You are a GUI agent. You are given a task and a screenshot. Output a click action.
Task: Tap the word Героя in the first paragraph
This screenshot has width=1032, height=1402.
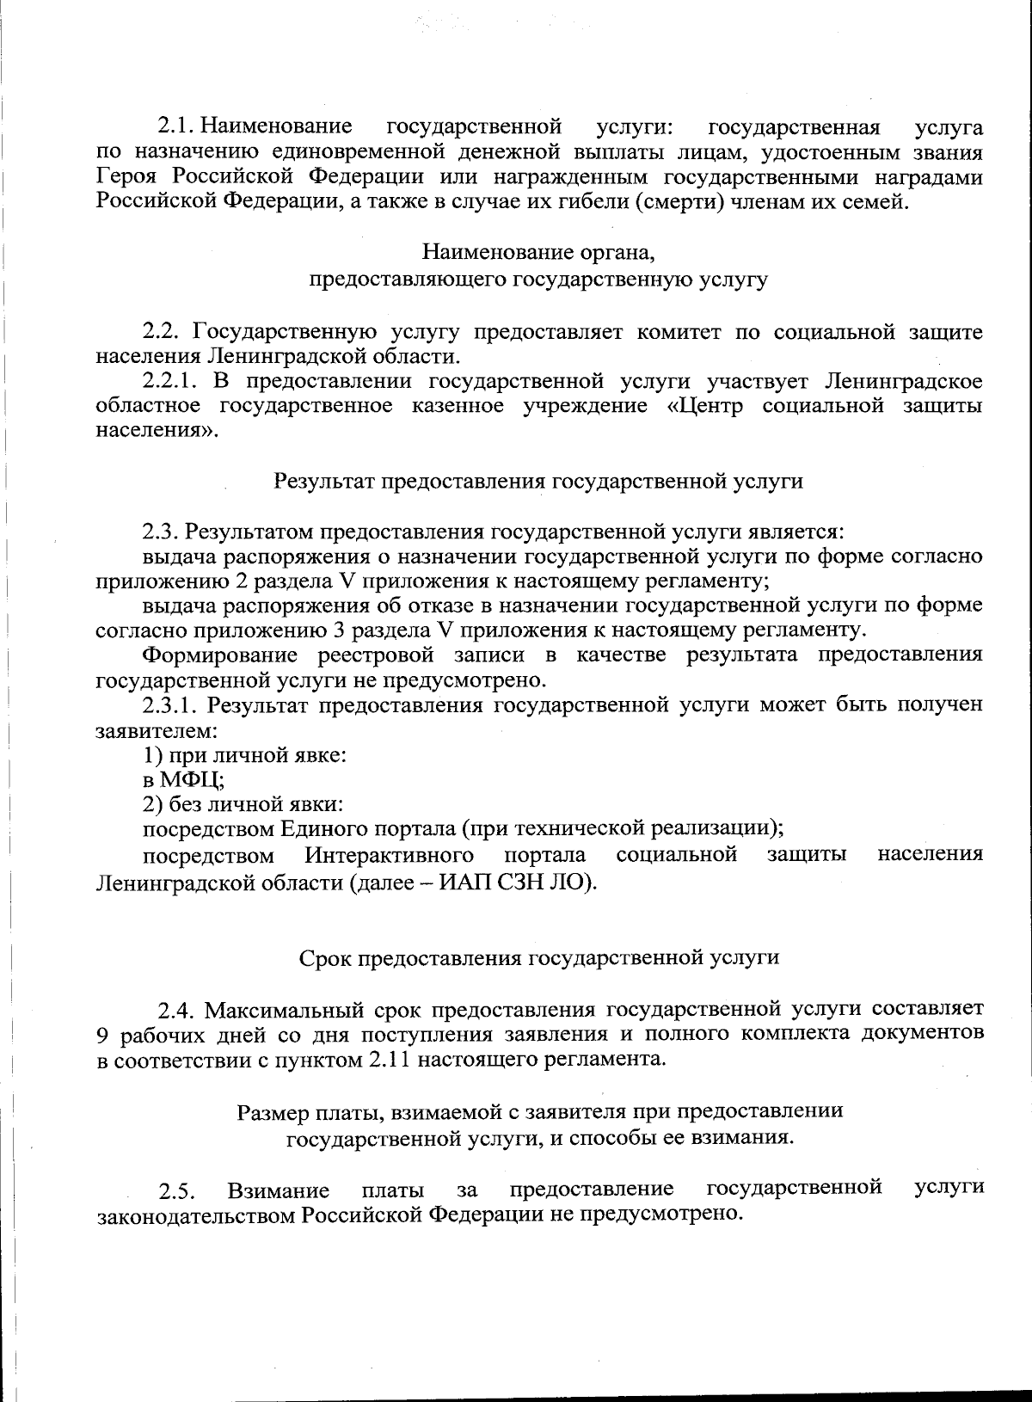coord(128,177)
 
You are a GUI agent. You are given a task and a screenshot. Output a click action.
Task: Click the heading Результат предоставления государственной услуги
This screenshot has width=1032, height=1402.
coord(538,481)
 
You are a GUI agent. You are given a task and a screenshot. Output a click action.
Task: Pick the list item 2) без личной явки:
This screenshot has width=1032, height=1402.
coord(243,805)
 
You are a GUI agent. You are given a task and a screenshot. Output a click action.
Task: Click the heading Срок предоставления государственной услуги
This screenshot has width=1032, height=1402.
coord(539,957)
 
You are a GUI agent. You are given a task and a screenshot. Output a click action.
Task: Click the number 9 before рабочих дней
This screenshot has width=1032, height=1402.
coord(103,1034)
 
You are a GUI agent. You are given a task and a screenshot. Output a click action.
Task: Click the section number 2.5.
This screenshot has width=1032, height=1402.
coord(178,1192)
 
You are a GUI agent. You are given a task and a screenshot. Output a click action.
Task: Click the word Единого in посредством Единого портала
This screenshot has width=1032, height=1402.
coord(322,829)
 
